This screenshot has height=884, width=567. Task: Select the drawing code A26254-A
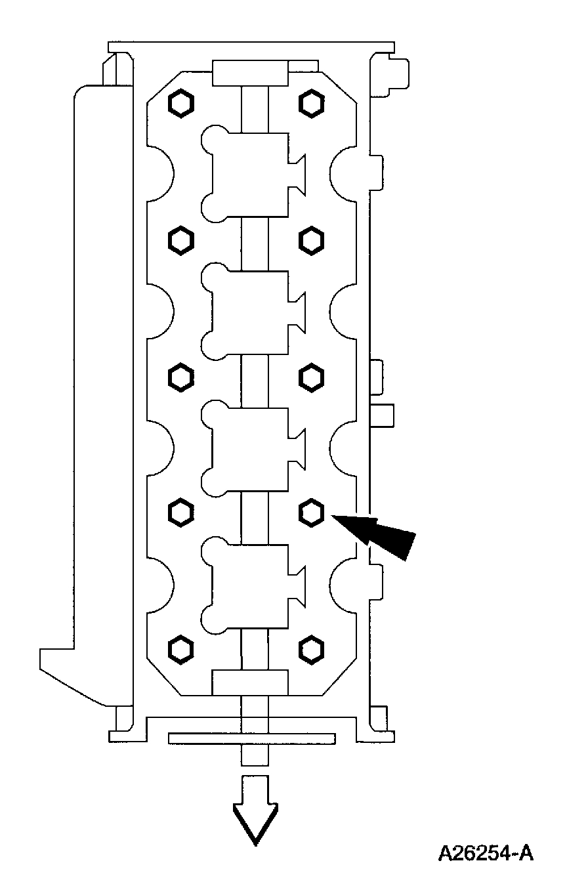(485, 853)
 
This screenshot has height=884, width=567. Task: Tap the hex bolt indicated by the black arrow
(310, 512)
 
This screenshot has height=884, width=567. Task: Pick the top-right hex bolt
(310, 102)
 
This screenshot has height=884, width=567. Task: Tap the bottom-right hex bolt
(310, 649)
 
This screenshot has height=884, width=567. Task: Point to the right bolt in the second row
(310, 241)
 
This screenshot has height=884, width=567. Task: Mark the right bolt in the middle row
(310, 377)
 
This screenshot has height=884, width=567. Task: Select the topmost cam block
(249, 174)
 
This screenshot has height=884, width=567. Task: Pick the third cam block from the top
(249, 448)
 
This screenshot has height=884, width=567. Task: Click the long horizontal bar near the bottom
(252, 738)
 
